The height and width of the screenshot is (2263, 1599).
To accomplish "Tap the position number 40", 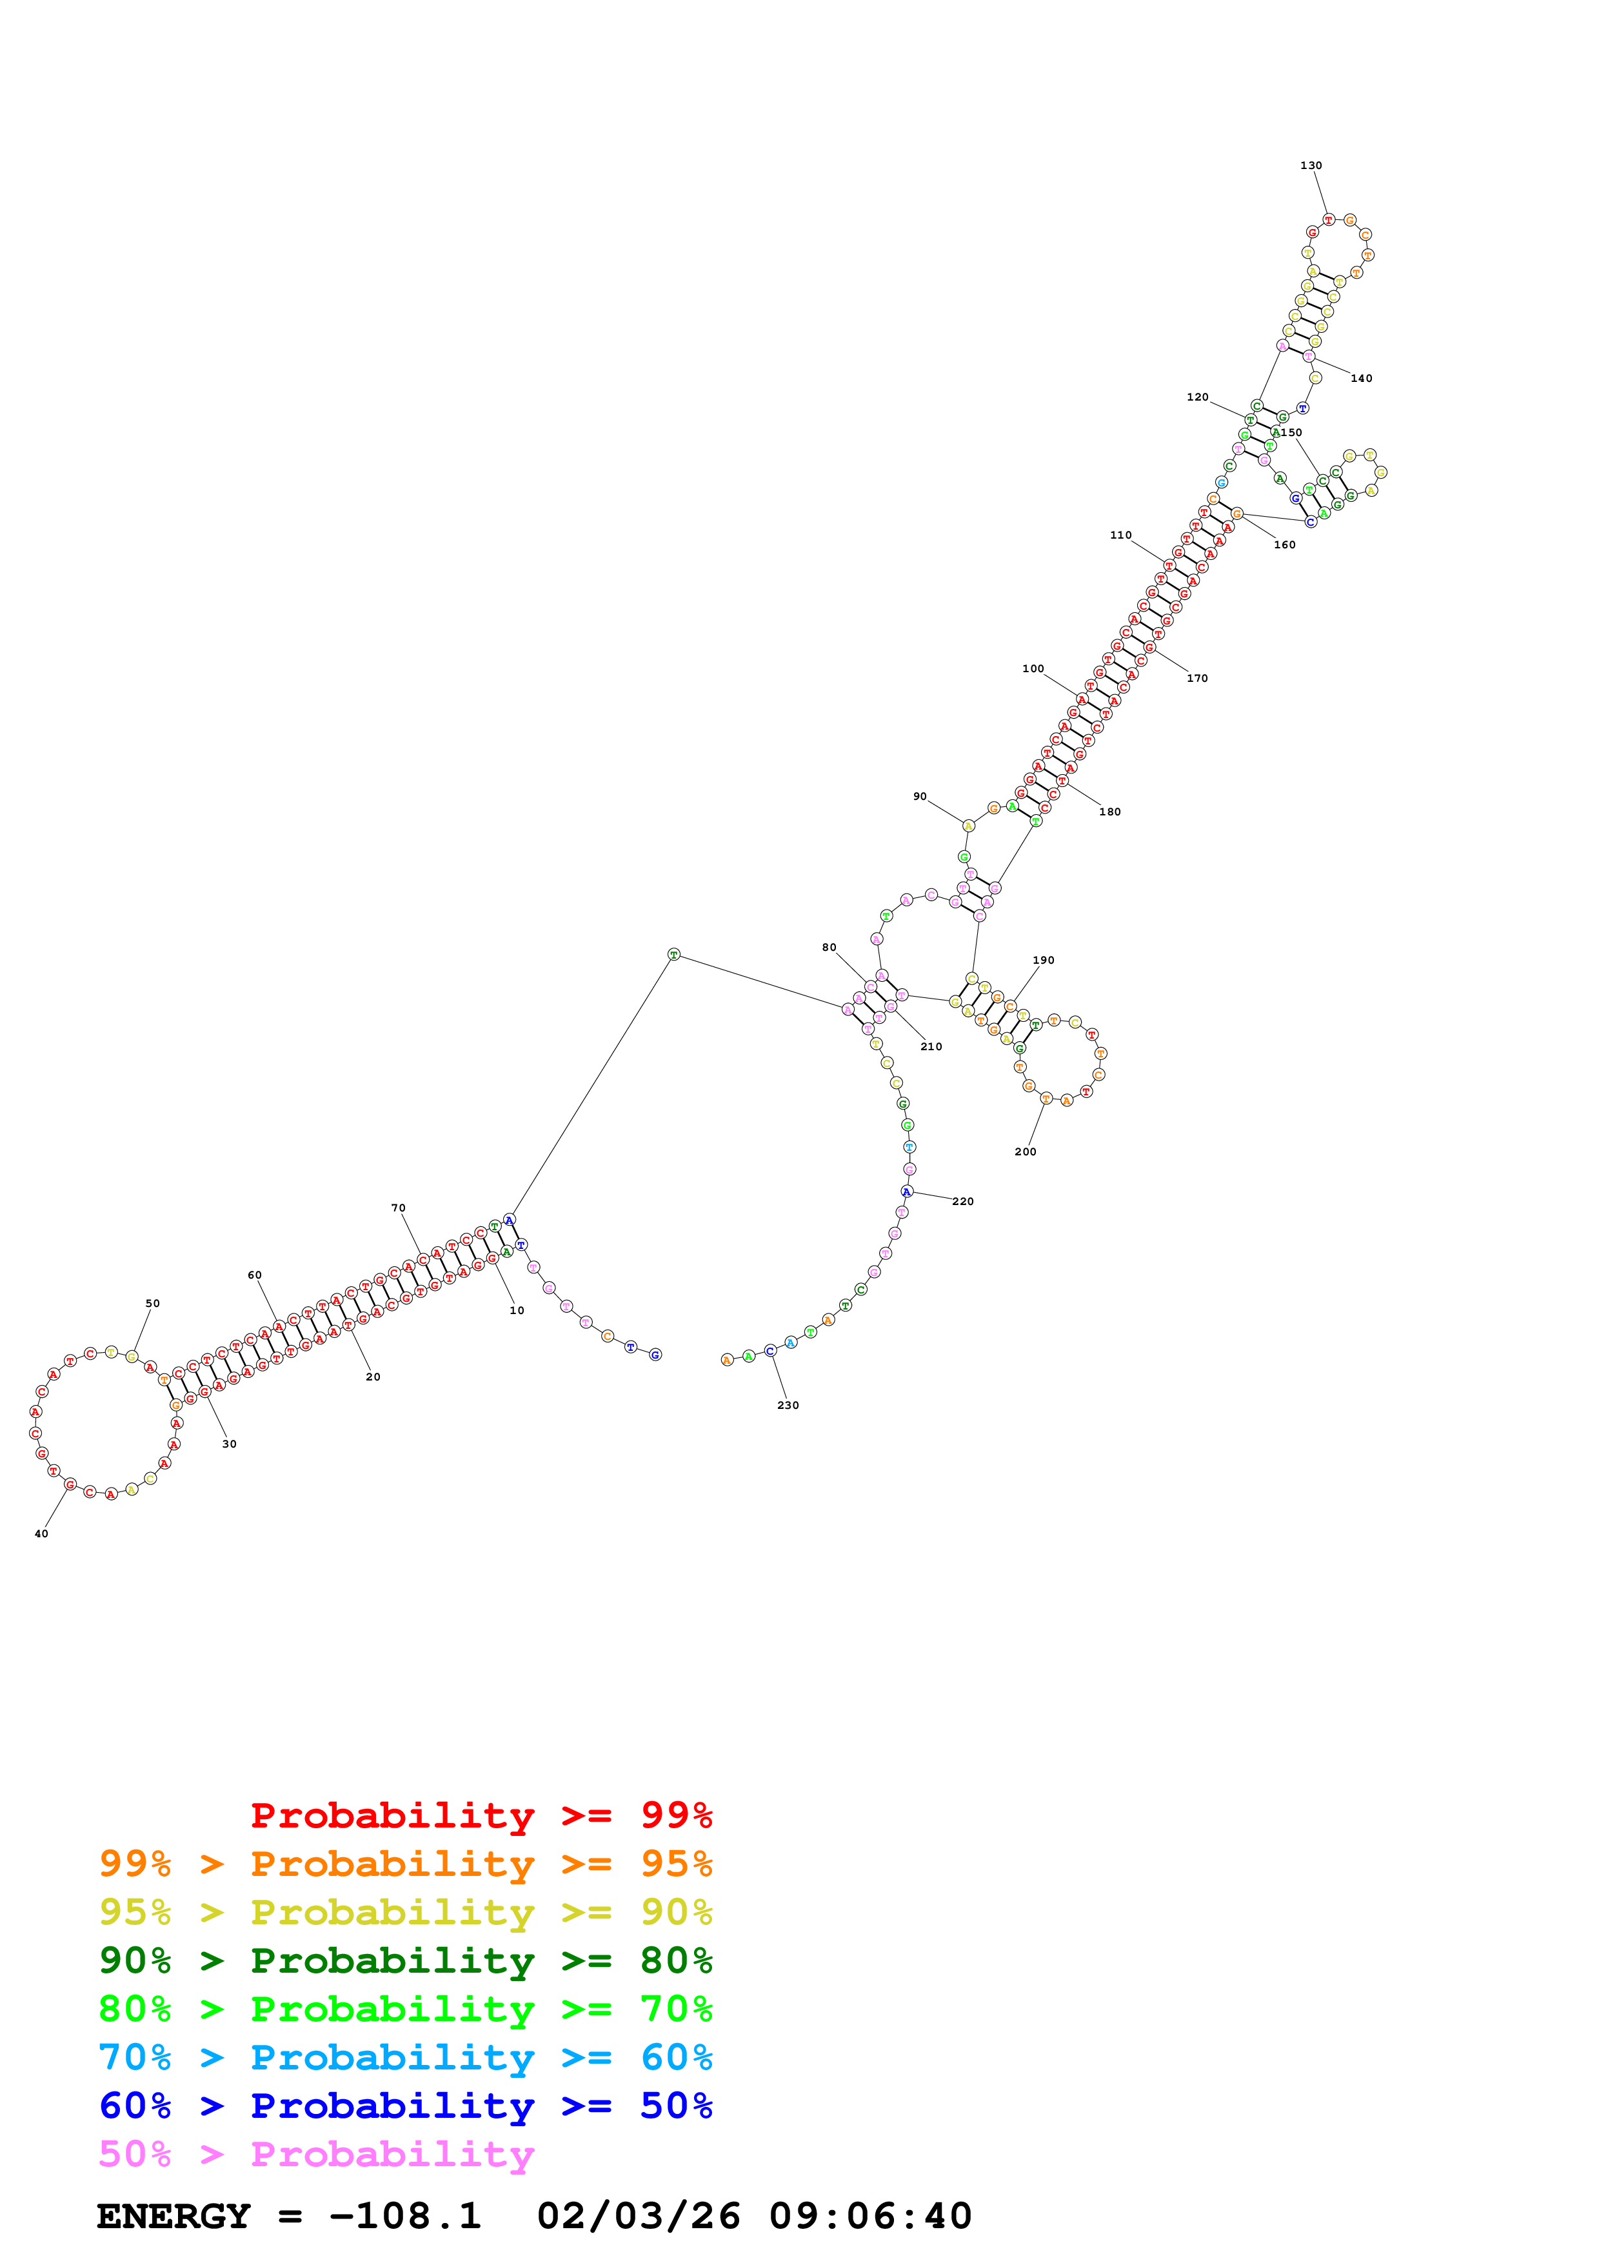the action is (41, 1533).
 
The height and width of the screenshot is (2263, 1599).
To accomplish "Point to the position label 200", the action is (1025, 1151).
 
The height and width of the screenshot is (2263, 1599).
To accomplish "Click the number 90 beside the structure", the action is (919, 797).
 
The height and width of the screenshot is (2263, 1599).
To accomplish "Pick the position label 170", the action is (1197, 678).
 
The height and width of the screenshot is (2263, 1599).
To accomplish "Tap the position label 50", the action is (153, 1303).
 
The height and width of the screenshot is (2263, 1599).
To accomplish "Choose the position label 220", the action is (962, 1201).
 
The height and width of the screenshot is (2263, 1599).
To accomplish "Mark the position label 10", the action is (516, 1311).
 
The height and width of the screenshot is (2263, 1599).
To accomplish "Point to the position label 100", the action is (1033, 668).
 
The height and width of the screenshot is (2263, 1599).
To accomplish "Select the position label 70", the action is (398, 1208).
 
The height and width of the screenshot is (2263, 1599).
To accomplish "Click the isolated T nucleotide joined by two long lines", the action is (674, 954).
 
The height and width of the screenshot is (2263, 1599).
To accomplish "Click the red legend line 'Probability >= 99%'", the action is (481, 1815).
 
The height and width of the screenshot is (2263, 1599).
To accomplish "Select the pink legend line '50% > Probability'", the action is (316, 2155).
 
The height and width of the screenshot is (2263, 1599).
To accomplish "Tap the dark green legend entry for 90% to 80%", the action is (405, 1960).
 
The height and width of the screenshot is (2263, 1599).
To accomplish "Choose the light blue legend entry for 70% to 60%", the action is (405, 2058).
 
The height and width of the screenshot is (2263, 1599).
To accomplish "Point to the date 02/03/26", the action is (639, 2217).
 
